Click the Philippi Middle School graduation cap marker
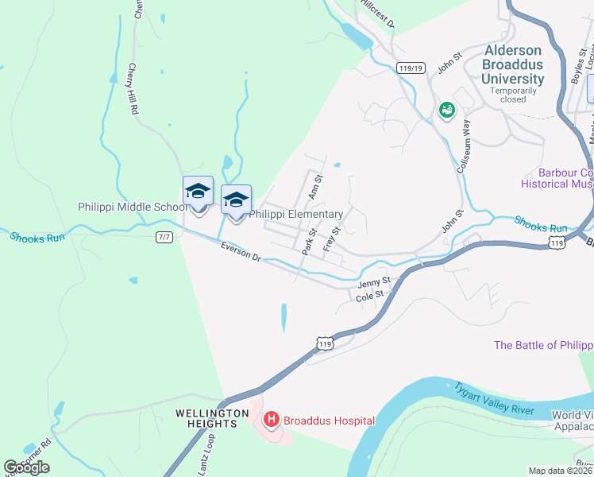coord(198,192)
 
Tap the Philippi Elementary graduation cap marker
coord(236,200)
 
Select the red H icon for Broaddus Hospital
coord(271,419)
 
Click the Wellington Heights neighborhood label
coord(206,419)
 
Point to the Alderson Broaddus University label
coord(515,64)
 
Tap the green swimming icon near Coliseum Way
coord(446,111)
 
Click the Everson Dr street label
coord(241,252)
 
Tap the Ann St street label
coord(314,188)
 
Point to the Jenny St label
coord(374,282)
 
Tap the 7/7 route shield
coord(164,238)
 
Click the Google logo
coord(26,467)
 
